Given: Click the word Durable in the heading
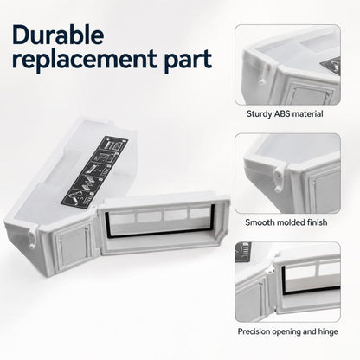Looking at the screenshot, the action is (58, 35).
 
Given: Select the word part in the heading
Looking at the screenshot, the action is (188, 61).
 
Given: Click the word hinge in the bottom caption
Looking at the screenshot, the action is (328, 331).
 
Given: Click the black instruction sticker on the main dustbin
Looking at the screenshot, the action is (94, 171).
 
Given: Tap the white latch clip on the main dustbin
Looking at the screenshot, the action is (32, 236).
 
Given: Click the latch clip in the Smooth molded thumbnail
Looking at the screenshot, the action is (280, 178).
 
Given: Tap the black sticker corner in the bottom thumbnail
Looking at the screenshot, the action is (242, 252).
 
